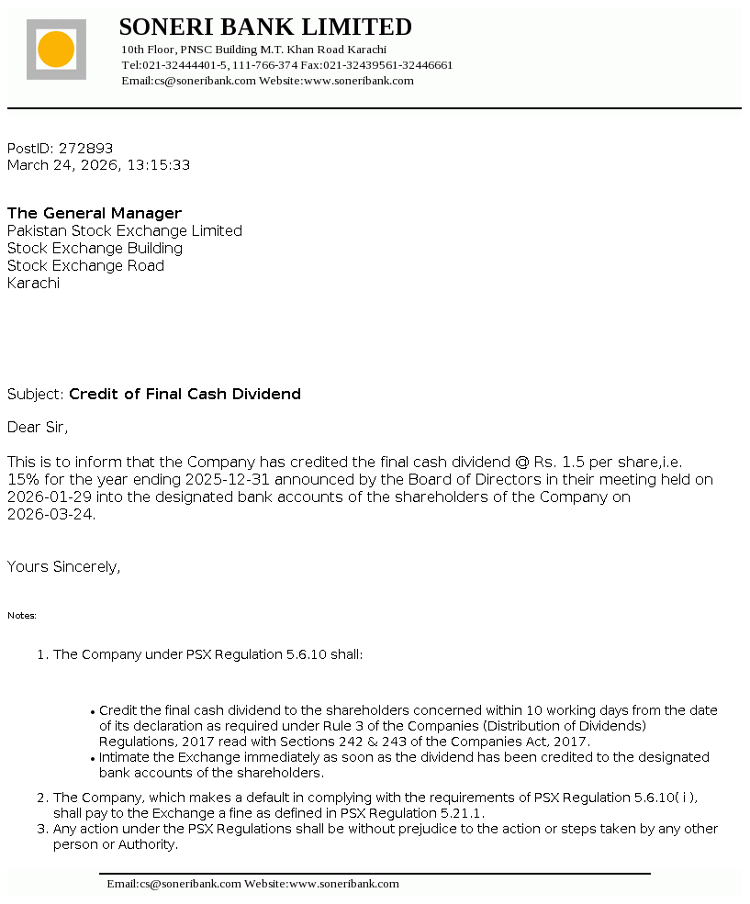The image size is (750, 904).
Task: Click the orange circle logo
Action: (56, 49)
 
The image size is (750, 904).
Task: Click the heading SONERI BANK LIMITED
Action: (265, 27)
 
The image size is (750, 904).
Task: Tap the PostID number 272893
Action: (86, 148)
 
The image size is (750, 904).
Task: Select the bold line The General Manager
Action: (95, 213)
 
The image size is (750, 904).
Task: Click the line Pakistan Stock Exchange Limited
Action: (125, 230)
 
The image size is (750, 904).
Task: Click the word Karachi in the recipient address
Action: (33, 283)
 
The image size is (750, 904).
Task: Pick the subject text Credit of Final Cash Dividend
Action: (185, 394)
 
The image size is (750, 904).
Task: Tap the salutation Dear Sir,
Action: (38, 427)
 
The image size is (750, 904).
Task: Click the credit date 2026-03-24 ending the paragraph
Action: (50, 514)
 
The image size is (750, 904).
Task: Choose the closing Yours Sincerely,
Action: (63, 566)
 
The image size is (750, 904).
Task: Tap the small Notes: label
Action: (22, 615)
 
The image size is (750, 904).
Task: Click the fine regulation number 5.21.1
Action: (464, 812)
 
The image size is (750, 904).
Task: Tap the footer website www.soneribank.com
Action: (344, 884)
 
